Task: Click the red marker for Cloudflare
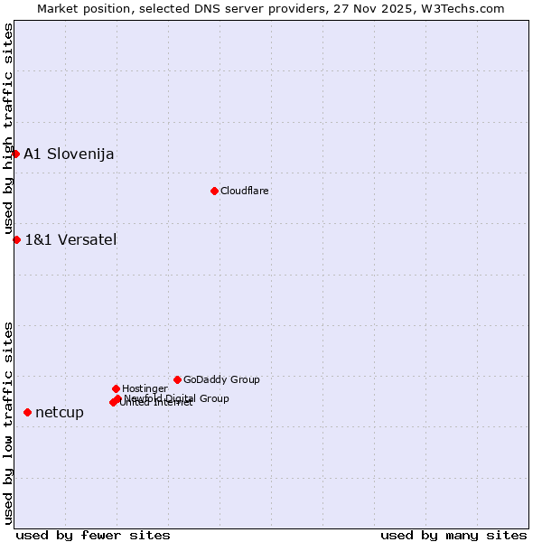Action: pyautogui.click(x=214, y=191)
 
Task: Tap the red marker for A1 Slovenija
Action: pyautogui.click(x=15, y=154)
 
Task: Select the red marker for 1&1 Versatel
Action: pyautogui.click(x=16, y=239)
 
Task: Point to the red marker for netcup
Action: pyautogui.click(x=27, y=412)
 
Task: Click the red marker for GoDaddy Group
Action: pyautogui.click(x=177, y=379)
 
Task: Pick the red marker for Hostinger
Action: pyautogui.click(x=116, y=388)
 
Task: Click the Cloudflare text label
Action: pyautogui.click(x=245, y=191)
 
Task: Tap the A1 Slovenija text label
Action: pyautogui.click(x=69, y=154)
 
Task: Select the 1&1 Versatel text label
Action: pyautogui.click(x=70, y=239)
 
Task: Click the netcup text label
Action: pyautogui.click(x=60, y=412)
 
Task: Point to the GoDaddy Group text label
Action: pyautogui.click(x=221, y=379)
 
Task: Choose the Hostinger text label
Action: pyautogui.click(x=145, y=388)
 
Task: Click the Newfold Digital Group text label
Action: pyautogui.click(x=177, y=397)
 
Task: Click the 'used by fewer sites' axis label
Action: pyautogui.click(x=93, y=535)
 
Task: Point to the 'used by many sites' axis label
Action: pyautogui.click(x=453, y=535)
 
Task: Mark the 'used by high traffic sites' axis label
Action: pyautogui.click(x=8, y=129)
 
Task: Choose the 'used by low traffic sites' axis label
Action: pyautogui.click(x=8, y=422)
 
